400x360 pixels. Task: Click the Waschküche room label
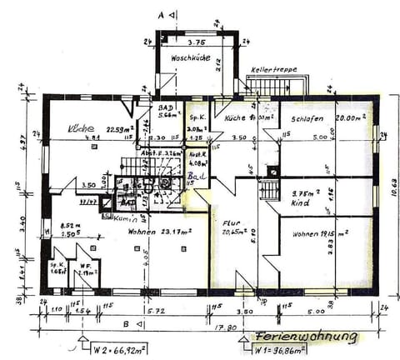(190, 59)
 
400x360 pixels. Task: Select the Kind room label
(302, 202)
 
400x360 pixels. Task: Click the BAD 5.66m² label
(169, 113)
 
